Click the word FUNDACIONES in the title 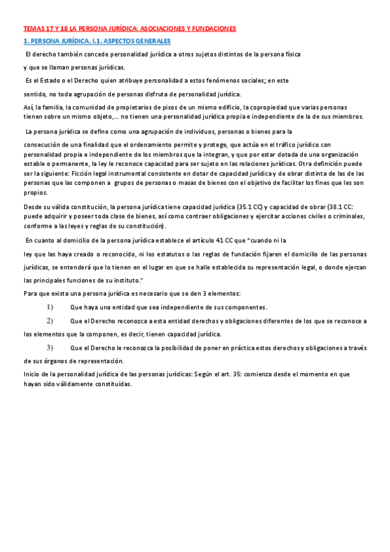(213, 29)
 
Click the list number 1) (49, 307)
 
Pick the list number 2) (49, 321)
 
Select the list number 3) (49, 347)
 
